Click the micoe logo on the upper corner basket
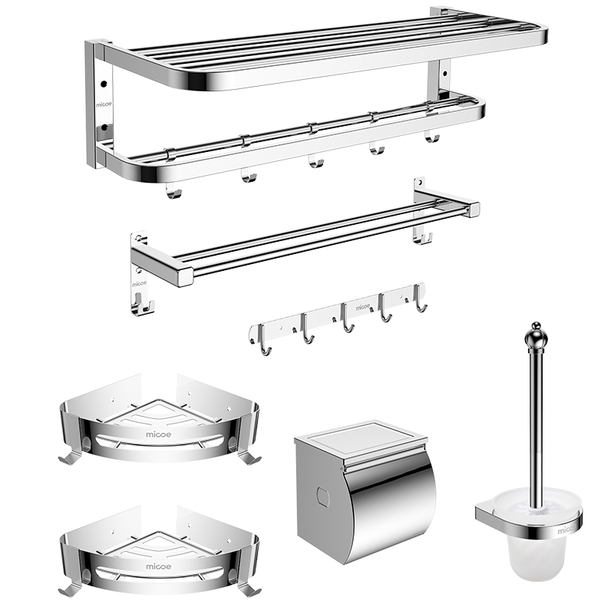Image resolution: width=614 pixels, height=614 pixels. (159, 434)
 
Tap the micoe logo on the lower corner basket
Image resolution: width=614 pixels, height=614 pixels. (159, 566)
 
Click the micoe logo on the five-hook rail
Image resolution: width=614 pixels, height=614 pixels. (362, 308)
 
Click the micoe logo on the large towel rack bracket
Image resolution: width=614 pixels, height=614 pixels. (104, 104)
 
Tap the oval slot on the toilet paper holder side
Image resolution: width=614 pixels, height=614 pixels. (323, 497)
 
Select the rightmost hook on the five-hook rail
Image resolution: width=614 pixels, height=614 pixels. (420, 299)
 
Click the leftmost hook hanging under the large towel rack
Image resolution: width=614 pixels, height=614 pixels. (174, 190)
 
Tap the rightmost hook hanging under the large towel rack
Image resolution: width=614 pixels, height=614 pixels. (432, 137)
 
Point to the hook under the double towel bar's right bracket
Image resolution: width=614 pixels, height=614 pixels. (423, 238)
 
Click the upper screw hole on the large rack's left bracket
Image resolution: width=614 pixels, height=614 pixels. (104, 84)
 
